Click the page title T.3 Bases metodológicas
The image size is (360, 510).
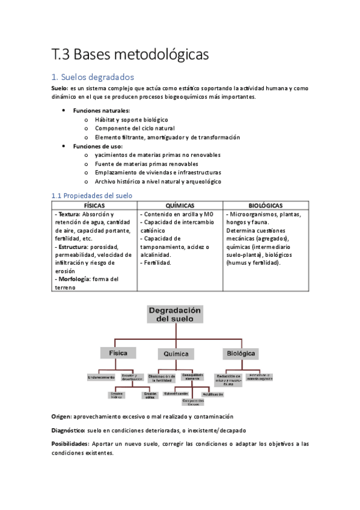tap(130, 54)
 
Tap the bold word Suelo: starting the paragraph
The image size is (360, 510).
tap(60, 88)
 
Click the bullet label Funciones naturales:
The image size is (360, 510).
tap(101, 111)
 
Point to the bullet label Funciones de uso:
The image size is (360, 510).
tap(97, 146)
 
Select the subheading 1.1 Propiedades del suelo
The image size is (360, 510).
tap(92, 195)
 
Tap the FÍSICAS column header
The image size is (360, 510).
tap(95, 206)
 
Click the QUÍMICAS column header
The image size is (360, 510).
tap(180, 206)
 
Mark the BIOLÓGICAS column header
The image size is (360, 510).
tap(266, 206)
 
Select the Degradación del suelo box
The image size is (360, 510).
tap(175, 314)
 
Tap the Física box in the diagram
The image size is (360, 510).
tap(118, 353)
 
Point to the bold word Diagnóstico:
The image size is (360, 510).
tap(68, 431)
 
